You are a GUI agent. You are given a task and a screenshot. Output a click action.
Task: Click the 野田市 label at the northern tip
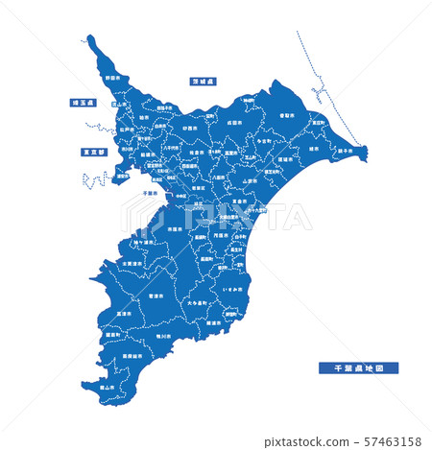113,79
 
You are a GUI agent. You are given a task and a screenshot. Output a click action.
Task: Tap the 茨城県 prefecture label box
204,82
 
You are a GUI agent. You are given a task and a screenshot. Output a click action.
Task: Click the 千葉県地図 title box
358,367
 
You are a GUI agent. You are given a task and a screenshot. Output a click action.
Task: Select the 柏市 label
144,120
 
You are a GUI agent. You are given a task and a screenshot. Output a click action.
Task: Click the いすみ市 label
232,288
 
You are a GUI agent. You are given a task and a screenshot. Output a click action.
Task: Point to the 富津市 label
124,313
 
